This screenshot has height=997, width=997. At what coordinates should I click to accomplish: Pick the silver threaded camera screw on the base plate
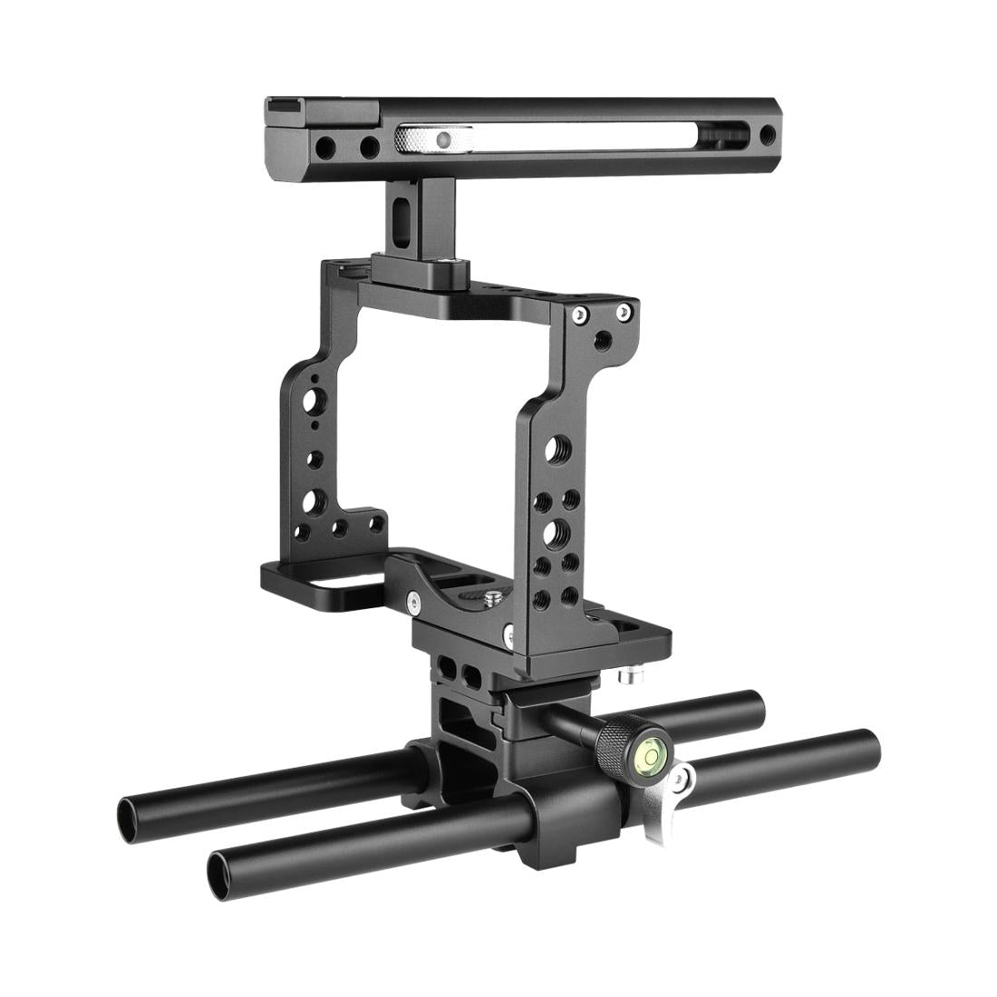pos(492,598)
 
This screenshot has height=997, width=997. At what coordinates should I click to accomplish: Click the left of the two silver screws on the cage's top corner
pos(576,317)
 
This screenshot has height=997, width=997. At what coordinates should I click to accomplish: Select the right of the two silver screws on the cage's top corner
pos(623,313)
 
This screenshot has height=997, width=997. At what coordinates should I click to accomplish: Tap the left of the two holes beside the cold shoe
pos(322,145)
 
